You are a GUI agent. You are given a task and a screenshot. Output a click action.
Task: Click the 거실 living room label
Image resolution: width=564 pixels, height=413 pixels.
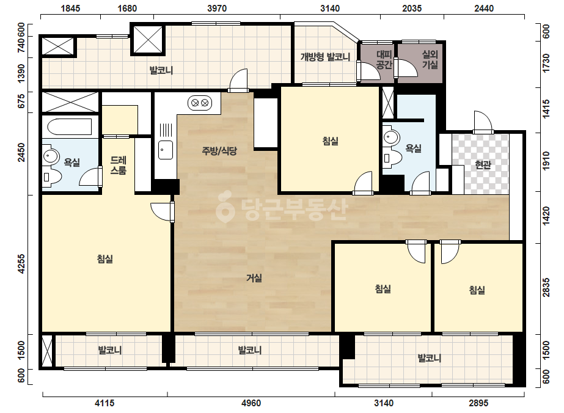(254, 278)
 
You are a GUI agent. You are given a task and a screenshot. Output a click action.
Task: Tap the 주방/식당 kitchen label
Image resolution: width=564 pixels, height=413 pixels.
(219, 151)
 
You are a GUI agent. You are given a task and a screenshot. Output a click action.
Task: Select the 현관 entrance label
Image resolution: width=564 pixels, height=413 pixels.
(483, 165)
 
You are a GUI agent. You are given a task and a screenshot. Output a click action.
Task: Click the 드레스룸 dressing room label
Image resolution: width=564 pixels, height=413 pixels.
(119, 165)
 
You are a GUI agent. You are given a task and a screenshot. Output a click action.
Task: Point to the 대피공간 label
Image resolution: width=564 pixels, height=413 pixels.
(384, 60)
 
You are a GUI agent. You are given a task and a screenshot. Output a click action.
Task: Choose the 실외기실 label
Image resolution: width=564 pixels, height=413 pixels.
(430, 60)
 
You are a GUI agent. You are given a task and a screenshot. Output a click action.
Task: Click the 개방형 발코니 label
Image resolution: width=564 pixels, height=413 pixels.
(325, 57)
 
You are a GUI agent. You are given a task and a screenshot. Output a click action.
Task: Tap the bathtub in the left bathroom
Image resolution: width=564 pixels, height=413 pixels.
(70, 126)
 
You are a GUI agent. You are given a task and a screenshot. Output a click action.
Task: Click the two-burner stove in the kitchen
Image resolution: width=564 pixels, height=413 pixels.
(200, 103)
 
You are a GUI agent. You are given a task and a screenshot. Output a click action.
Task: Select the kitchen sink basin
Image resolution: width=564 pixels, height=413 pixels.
(166, 150)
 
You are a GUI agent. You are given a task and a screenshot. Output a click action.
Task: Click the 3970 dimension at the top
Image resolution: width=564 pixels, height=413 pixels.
(217, 9)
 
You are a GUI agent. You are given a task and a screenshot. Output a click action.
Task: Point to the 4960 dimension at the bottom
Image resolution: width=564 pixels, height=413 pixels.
(251, 403)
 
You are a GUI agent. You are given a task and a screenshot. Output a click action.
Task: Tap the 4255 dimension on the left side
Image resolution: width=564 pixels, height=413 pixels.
(21, 264)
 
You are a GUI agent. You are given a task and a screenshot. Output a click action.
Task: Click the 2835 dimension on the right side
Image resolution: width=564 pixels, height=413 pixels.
(546, 287)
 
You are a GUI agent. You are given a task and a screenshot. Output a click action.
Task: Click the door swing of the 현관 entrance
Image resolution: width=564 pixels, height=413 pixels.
(483, 122)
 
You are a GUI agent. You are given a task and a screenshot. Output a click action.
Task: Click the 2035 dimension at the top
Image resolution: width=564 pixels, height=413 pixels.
(412, 9)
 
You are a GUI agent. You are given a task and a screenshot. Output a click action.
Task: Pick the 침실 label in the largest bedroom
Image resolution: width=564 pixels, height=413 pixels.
(105, 258)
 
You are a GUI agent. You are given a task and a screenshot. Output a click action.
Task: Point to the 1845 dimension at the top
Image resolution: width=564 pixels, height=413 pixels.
(70, 9)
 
